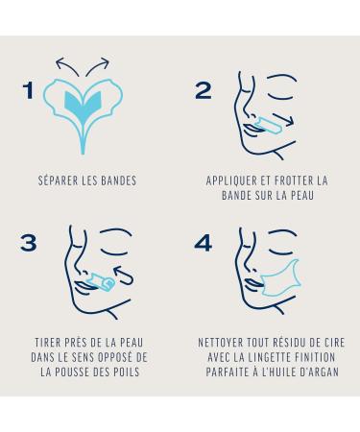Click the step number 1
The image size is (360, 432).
point(29,90)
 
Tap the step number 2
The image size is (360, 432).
point(204,90)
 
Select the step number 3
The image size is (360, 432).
point(29,243)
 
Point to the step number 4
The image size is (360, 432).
point(204,243)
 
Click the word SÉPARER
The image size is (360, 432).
point(59,180)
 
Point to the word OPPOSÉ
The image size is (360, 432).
point(113,357)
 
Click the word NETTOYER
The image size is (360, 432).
point(221,343)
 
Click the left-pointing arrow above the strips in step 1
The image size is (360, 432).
point(66,65)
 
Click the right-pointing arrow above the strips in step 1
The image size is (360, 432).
point(98,65)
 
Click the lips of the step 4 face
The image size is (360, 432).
point(254,284)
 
